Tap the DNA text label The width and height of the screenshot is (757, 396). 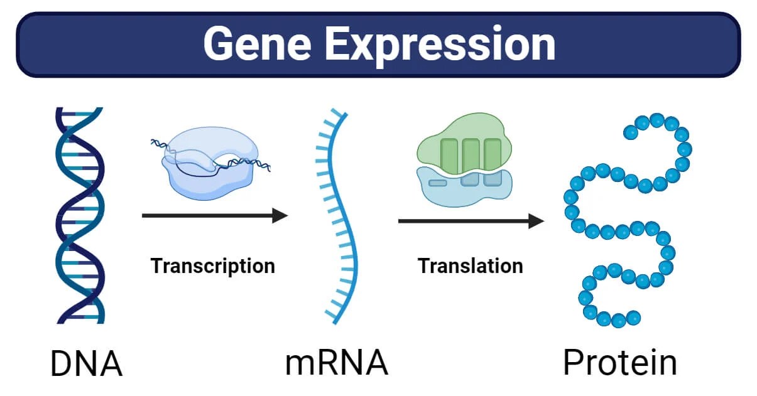[x=86, y=364]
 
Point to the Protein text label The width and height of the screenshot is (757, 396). [x=619, y=363]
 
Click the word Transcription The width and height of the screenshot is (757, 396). [x=212, y=265]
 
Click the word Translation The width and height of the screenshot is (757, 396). [x=471, y=265]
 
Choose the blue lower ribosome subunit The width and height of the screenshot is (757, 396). [x=465, y=188]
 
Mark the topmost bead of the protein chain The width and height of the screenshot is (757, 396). [x=657, y=120]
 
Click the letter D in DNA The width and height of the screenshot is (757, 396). [x=65, y=364]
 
